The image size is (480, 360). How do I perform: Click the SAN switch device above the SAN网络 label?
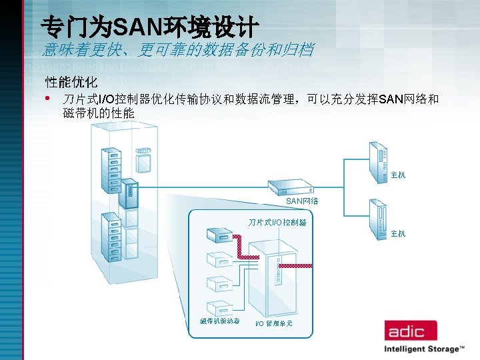coord(291,187)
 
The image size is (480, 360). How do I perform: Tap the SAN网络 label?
coord(302,201)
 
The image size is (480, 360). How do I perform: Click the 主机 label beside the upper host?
coord(398,175)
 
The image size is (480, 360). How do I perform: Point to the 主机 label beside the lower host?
coord(398,233)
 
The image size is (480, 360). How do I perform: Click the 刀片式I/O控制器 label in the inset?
coord(277,222)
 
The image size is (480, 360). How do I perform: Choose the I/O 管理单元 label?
coord(273,323)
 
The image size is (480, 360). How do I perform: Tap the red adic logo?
coord(409,331)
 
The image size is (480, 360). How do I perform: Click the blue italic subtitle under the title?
coord(177,49)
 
